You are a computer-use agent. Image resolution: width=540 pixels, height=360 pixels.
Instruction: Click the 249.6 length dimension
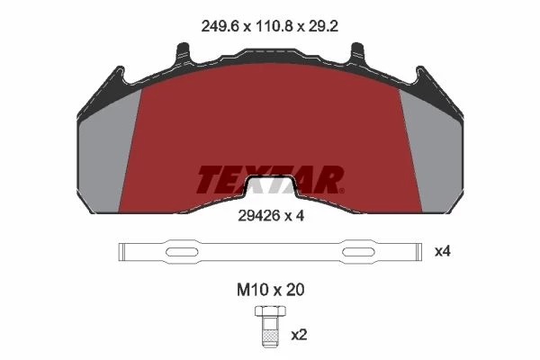(220, 26)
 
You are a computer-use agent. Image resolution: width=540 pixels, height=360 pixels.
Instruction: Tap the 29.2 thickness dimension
(323, 26)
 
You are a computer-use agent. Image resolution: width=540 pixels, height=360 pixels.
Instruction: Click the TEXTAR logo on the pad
(270, 179)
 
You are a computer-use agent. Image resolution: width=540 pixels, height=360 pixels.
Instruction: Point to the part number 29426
(258, 216)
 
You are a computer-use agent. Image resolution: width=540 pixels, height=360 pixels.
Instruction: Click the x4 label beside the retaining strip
(443, 252)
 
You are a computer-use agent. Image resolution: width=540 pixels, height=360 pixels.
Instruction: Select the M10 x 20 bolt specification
(270, 290)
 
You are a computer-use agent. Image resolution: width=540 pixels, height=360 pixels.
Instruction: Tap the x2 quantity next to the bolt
(299, 335)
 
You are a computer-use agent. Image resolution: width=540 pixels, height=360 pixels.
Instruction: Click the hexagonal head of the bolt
(270, 311)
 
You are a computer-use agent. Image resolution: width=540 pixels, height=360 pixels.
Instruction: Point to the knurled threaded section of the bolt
(270, 335)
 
